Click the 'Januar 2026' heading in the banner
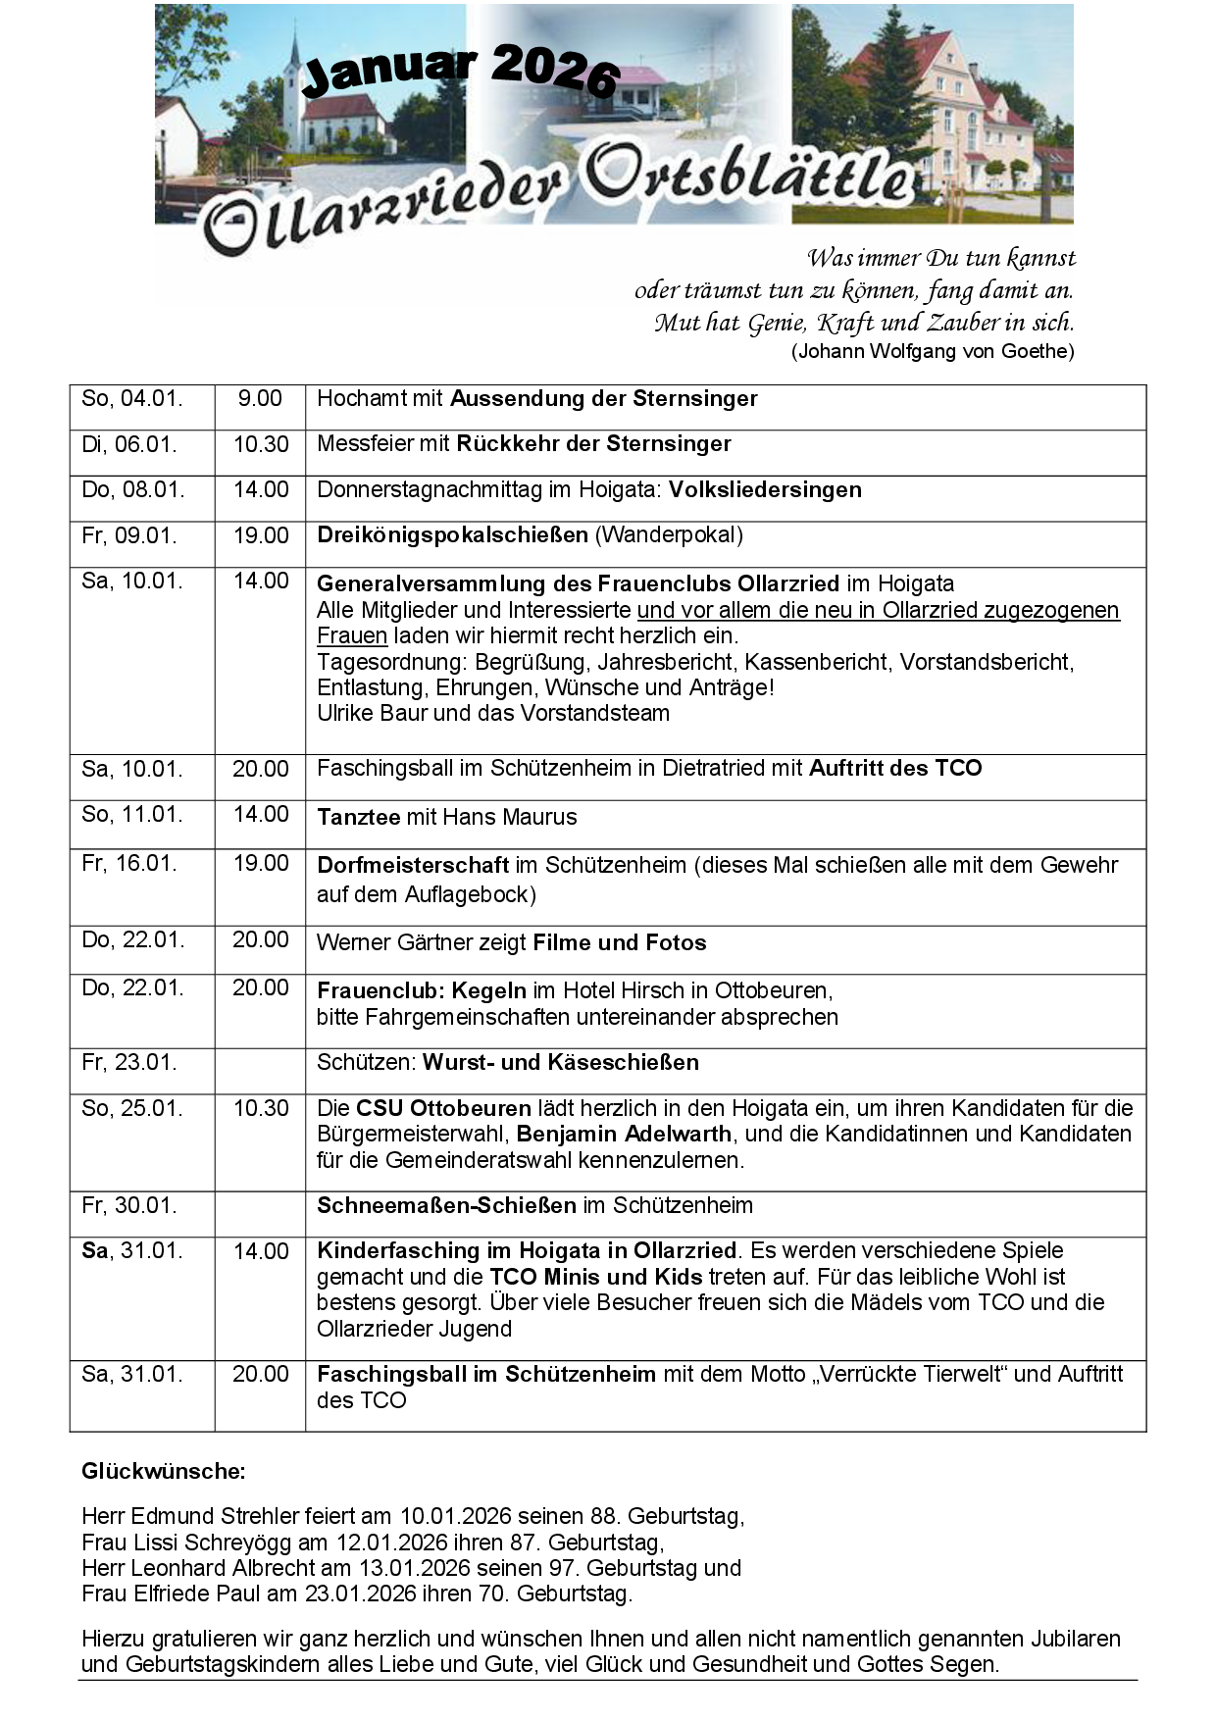(x=460, y=72)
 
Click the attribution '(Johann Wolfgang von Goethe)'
(x=932, y=351)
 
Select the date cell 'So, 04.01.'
(x=131, y=399)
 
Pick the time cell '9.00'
(x=260, y=399)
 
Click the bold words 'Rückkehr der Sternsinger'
(x=593, y=444)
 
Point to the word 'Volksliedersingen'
(x=765, y=490)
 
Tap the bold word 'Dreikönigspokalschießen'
(x=452, y=535)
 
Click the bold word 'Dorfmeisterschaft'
(x=413, y=866)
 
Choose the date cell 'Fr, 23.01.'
(x=129, y=1063)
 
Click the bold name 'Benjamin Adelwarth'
(x=624, y=1135)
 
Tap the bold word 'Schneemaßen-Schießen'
(x=446, y=1206)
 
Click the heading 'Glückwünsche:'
(x=163, y=1471)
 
